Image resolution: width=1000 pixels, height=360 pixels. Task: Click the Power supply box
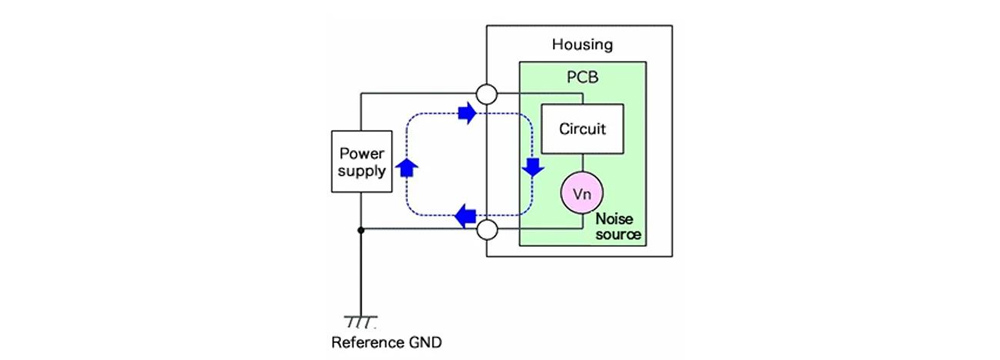(x=362, y=161)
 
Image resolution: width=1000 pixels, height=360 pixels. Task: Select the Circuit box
(x=582, y=128)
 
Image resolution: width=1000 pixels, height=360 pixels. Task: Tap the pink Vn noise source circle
(x=582, y=193)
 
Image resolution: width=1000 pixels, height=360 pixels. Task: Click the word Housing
(x=582, y=45)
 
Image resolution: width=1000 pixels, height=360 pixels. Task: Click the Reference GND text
(x=386, y=342)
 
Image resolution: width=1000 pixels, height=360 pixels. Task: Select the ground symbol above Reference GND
(x=360, y=320)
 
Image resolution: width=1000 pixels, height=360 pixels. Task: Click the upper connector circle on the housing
(x=487, y=94)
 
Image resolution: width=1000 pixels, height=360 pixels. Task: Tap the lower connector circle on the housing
(x=487, y=230)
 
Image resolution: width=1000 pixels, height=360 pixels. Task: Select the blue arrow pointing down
(x=533, y=167)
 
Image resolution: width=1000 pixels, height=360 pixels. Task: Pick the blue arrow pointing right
(x=466, y=114)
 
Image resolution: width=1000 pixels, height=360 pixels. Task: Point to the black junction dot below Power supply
(x=361, y=230)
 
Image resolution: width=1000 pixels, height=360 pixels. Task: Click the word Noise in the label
(x=614, y=219)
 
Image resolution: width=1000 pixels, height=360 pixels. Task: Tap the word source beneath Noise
(x=617, y=234)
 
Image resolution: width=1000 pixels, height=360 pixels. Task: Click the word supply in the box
(x=362, y=171)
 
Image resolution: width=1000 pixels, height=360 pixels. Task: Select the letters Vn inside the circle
(x=582, y=194)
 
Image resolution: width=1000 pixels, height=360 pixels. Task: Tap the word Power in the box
(x=362, y=153)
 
